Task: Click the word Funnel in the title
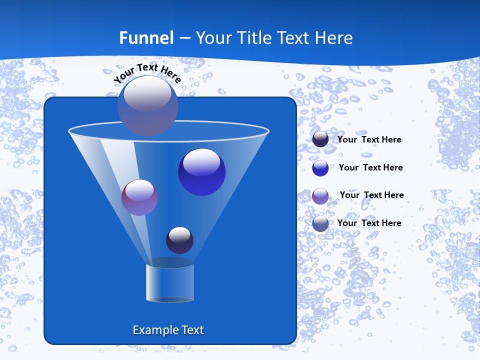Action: coord(146,37)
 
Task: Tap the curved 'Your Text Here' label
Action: coord(147,72)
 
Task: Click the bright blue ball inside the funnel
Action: coord(201,172)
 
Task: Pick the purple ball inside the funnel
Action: coord(139,197)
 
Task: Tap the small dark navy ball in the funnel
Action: coord(179,240)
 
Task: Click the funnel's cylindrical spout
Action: coord(170,282)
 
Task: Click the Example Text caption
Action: coord(168,330)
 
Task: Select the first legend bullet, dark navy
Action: coord(320,139)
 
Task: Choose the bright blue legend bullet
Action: coord(320,168)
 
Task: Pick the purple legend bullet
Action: coord(320,196)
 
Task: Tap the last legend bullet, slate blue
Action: coord(320,223)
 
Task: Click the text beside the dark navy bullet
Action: coord(369,139)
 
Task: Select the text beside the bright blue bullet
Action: coord(370,167)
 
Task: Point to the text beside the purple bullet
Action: coord(371,195)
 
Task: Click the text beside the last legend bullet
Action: coord(369,223)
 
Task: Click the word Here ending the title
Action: coord(333,37)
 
